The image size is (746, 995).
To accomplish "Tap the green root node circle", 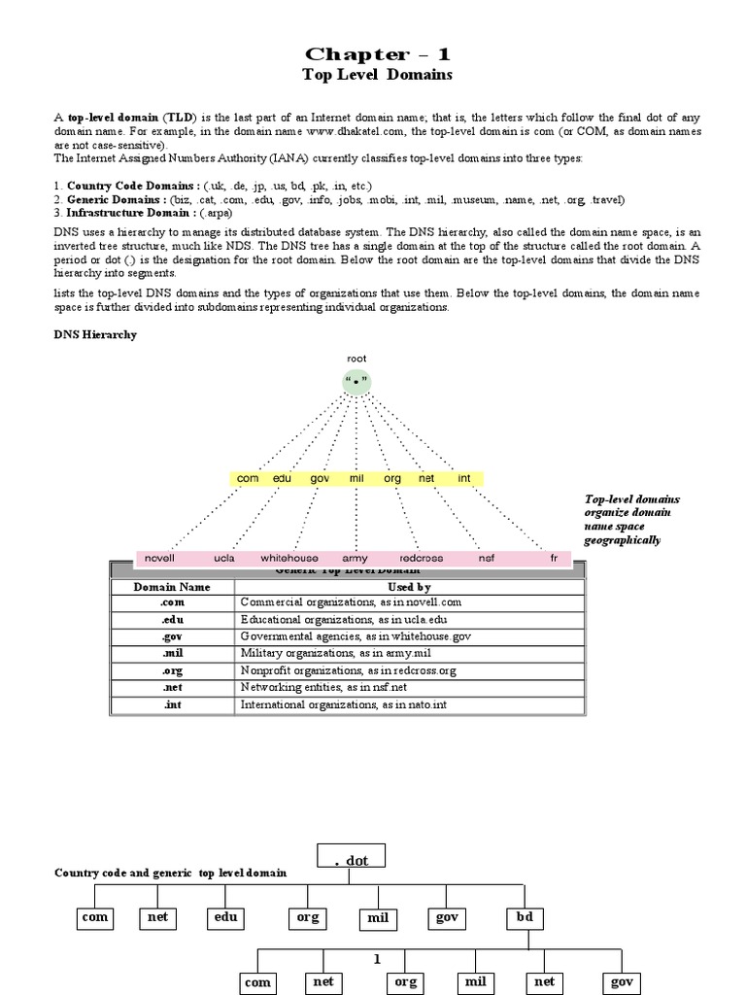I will point(356,381).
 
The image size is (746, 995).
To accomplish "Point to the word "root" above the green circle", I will point(356,359).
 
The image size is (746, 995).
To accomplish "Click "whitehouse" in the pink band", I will point(288,559).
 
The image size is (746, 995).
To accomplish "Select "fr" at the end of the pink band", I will point(554,559).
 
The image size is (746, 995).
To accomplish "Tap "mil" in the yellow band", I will point(356,479).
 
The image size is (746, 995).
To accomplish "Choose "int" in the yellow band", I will point(464,479).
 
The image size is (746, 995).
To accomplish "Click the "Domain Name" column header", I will point(171,587).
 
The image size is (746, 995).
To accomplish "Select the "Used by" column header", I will point(409,587).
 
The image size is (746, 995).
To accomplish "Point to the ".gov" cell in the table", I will point(171,635).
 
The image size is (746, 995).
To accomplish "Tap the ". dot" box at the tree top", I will point(352,857).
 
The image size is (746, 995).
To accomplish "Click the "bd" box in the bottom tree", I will point(524,915).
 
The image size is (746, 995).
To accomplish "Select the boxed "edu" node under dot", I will point(225,915).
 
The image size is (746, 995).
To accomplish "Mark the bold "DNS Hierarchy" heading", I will point(94,334).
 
